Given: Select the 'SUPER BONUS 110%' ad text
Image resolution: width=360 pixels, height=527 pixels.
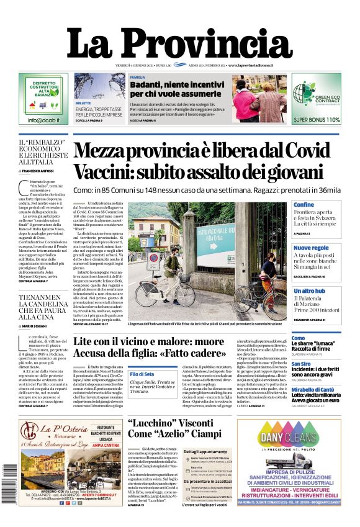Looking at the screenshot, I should [317, 120].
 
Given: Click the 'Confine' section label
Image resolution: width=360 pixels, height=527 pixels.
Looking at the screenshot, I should [304, 205].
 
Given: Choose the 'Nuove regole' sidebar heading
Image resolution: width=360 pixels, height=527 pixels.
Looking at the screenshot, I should [311, 248].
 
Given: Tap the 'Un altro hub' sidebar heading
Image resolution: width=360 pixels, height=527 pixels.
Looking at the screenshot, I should [309, 291].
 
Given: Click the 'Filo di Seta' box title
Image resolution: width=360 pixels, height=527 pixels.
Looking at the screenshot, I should [142, 374].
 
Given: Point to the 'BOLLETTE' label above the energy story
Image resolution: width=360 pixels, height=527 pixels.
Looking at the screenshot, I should [83, 102].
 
